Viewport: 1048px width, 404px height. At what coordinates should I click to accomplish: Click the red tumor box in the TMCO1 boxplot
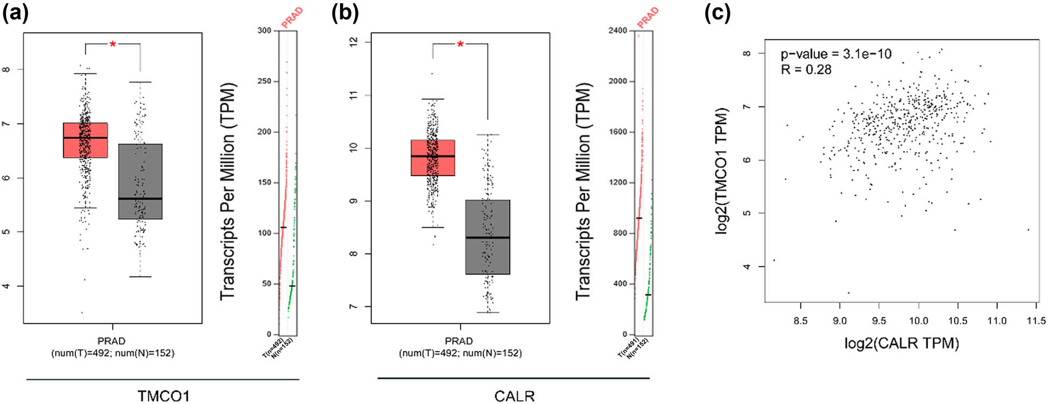(x=85, y=140)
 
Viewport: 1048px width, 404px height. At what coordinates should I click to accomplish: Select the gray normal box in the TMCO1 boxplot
(x=140, y=181)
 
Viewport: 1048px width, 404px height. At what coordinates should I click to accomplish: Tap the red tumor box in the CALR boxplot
(x=433, y=157)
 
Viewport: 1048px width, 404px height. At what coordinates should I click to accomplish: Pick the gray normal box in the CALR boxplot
(x=487, y=237)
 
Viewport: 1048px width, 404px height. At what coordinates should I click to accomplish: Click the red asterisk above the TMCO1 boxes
(x=113, y=45)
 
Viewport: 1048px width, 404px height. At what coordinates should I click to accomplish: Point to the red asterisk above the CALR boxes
(x=460, y=45)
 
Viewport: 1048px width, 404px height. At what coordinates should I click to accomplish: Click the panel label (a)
(x=16, y=12)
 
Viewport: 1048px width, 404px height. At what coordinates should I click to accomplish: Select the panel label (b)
(x=344, y=12)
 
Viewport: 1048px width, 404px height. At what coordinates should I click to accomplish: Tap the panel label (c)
(x=717, y=12)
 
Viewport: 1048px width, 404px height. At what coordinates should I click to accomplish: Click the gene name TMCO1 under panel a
(x=163, y=396)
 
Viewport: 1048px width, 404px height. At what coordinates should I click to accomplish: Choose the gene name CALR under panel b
(x=514, y=396)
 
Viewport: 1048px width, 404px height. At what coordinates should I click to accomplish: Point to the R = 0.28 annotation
(x=806, y=69)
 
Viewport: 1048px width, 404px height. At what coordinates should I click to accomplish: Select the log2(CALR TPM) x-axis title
(x=901, y=343)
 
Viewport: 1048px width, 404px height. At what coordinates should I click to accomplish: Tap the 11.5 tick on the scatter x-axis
(x=1036, y=321)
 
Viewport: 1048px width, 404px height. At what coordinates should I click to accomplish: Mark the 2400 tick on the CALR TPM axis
(x=618, y=31)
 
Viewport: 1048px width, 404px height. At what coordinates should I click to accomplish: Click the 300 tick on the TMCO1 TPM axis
(x=264, y=31)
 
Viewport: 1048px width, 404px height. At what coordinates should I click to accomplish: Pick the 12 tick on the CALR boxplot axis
(x=354, y=42)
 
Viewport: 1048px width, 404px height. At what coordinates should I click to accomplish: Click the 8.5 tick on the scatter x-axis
(x=800, y=321)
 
